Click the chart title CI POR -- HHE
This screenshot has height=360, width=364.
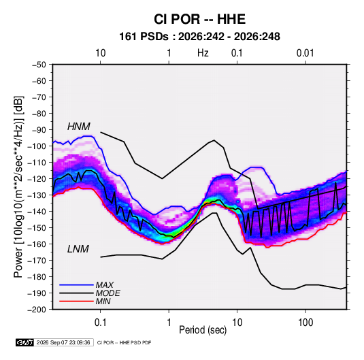pyautogui.click(x=199, y=19)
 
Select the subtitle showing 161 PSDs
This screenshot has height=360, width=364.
pyautogui.click(x=199, y=37)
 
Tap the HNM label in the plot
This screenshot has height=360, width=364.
pyautogui.click(x=79, y=127)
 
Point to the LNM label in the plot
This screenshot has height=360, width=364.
pyautogui.click(x=78, y=249)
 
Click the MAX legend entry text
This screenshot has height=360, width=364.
pyautogui.click(x=105, y=285)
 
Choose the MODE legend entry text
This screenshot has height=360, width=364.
pyautogui.click(x=108, y=293)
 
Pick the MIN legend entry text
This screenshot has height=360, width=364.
pyautogui.click(x=103, y=301)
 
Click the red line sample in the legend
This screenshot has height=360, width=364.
pyautogui.click(x=76, y=301)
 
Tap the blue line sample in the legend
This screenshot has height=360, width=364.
pyautogui.click(x=76, y=285)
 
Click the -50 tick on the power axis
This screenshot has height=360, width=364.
pyautogui.click(x=39, y=65)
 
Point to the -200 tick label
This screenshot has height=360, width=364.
pyautogui.click(x=37, y=310)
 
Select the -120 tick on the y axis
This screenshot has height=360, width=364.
pyautogui.click(x=37, y=179)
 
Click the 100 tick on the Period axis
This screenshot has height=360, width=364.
pyautogui.click(x=305, y=323)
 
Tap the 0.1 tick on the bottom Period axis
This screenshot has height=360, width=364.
pyautogui.click(x=100, y=323)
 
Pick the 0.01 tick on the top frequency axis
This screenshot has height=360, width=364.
pyautogui.click(x=305, y=53)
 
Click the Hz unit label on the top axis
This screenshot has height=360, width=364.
pyautogui.click(x=203, y=53)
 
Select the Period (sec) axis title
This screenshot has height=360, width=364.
pyautogui.click(x=203, y=330)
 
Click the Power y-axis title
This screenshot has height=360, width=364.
pyautogui.click(x=18, y=187)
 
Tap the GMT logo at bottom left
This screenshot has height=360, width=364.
pyautogui.click(x=25, y=342)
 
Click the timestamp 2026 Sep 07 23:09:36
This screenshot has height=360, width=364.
pyautogui.click(x=63, y=342)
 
